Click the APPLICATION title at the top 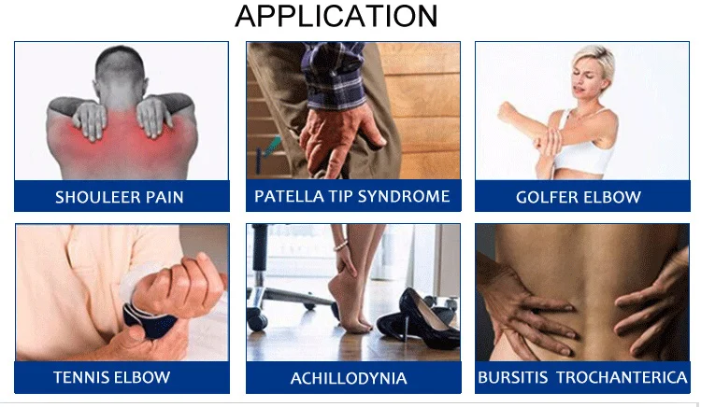(x=336, y=16)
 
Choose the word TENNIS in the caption (x=81, y=377)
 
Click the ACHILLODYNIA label (x=349, y=378)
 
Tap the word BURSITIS (x=513, y=377)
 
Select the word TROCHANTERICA (x=622, y=377)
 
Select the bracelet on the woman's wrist (x=340, y=246)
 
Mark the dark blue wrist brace (x=145, y=320)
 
